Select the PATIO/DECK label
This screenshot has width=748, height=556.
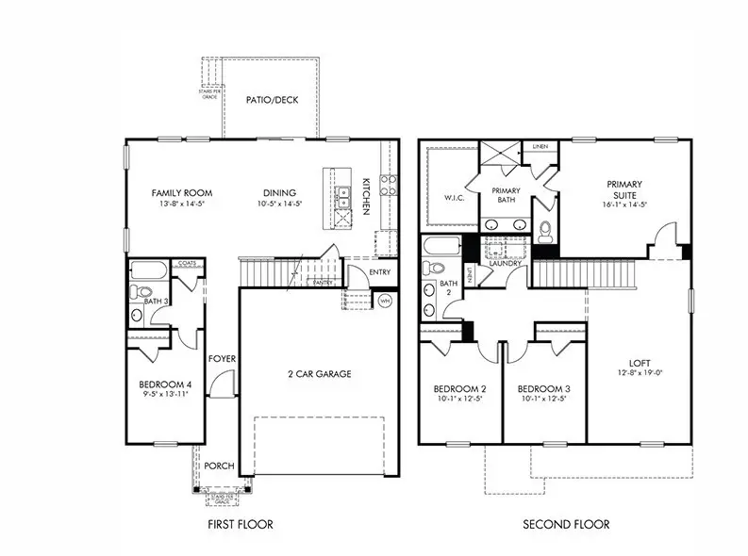click(x=272, y=99)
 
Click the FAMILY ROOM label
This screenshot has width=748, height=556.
click(x=178, y=192)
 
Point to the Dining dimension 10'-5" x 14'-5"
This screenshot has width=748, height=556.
click(x=280, y=204)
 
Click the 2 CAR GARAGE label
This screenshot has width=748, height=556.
click(x=320, y=374)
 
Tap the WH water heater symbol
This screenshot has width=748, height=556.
click(x=385, y=301)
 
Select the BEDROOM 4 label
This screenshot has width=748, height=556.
click(x=165, y=384)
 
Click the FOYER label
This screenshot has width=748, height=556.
click(x=223, y=359)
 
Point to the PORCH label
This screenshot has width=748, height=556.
click(x=219, y=465)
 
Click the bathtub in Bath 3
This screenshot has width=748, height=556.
click(x=148, y=272)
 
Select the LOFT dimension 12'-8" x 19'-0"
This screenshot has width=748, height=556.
click(x=640, y=374)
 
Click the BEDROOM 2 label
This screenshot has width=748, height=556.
click(x=459, y=389)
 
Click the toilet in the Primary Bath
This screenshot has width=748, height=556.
click(x=546, y=229)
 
